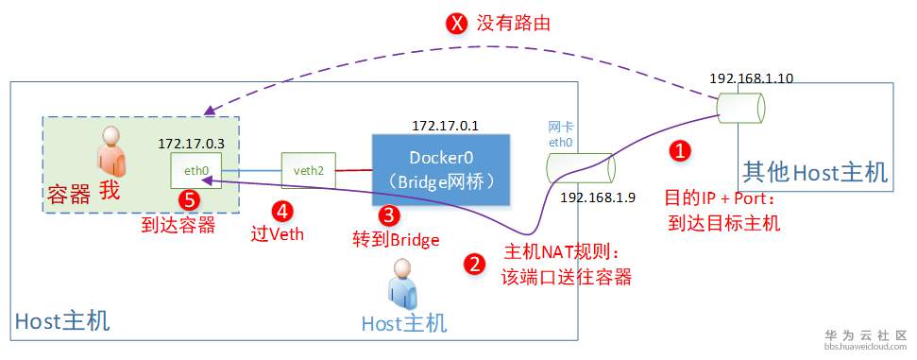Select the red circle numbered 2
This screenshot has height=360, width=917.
pyautogui.click(x=475, y=264)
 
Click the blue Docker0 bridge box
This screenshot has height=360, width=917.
pyautogui.click(x=441, y=169)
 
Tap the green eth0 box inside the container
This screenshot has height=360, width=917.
pyautogui.click(x=196, y=171)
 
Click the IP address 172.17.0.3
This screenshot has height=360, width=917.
pyautogui.click(x=196, y=143)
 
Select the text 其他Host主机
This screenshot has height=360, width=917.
pyautogui.click(x=814, y=172)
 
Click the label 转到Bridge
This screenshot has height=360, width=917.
pyautogui.click(x=395, y=240)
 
